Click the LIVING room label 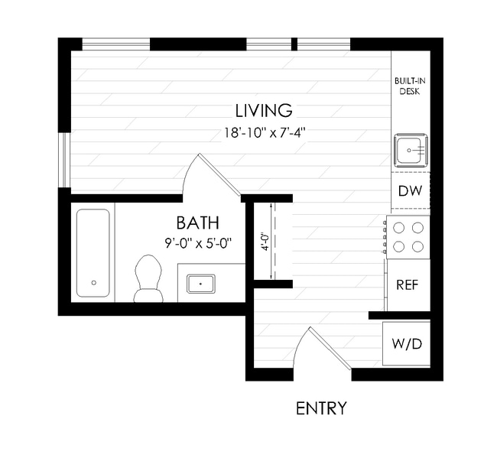click(264, 109)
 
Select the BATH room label click(198, 223)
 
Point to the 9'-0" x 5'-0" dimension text click(198, 244)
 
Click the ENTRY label click(321, 408)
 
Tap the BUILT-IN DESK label click(410, 86)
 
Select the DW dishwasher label click(411, 191)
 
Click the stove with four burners click(407, 236)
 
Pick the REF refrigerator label click(408, 284)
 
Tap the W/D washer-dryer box click(406, 343)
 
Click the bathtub click(93, 253)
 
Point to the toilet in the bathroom click(147, 278)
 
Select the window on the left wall click(65, 161)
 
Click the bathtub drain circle click(93, 282)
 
